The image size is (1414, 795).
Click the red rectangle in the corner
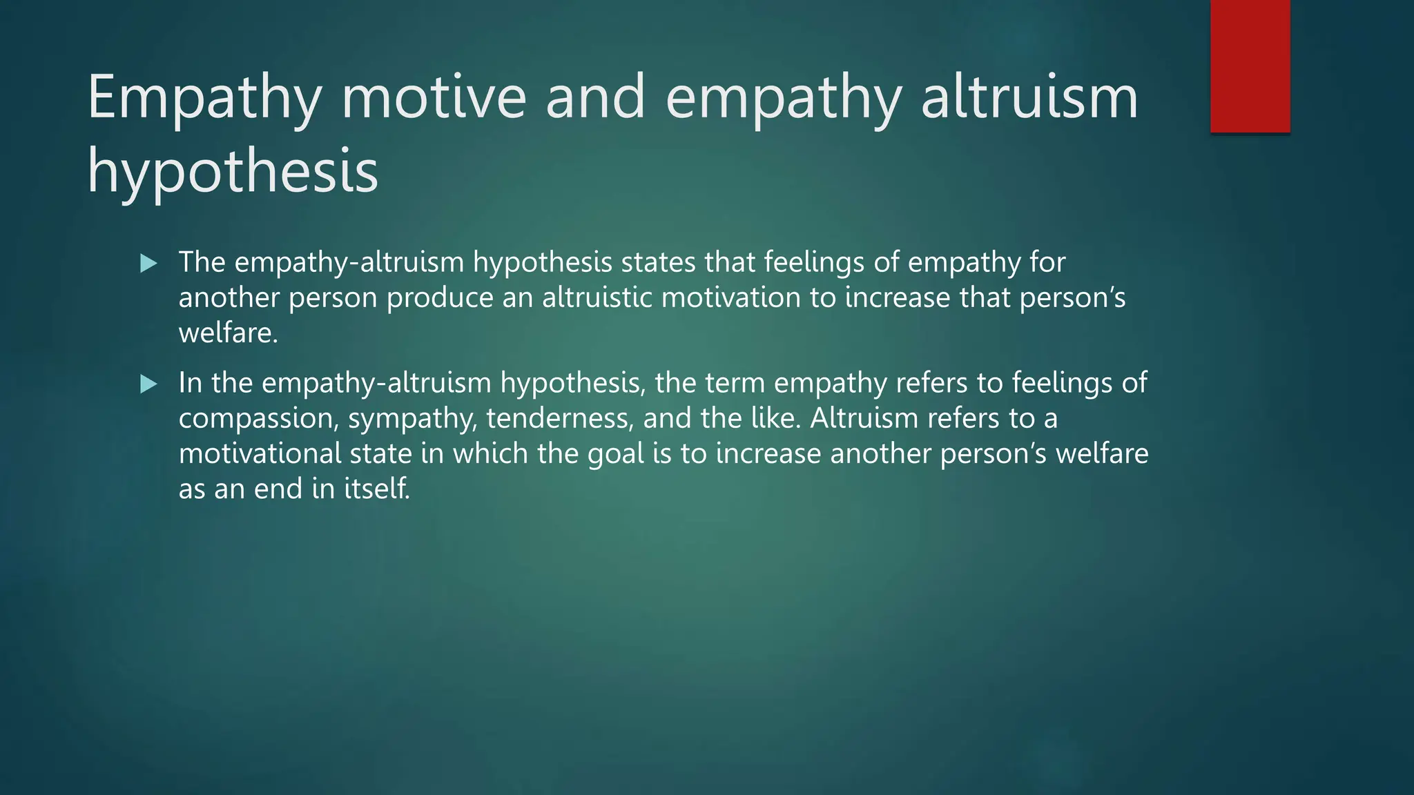pos(1250,66)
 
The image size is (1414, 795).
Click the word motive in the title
pos(434,97)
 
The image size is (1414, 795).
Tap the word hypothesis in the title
pos(233,171)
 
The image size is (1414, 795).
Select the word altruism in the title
pos(1029,97)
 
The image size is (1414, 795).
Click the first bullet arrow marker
pos(148,263)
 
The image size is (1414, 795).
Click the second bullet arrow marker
pos(148,384)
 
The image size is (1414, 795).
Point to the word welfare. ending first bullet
pos(228,333)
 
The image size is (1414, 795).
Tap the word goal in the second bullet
pos(616,454)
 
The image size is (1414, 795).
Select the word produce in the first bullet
pos(440,297)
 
